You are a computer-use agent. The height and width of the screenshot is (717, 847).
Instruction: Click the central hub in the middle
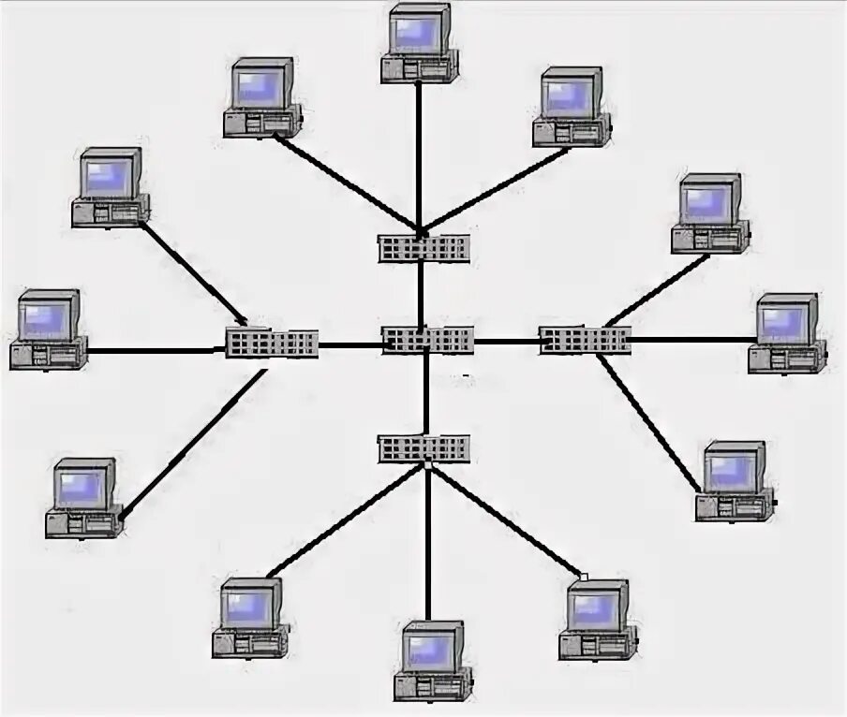coord(427,340)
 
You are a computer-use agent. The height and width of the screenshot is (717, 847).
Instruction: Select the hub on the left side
coord(272,343)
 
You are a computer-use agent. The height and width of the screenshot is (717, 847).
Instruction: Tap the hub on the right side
coord(585,340)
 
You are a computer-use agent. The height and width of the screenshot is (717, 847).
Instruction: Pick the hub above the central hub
coord(423,248)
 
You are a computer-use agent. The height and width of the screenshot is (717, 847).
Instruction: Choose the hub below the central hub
coord(423,448)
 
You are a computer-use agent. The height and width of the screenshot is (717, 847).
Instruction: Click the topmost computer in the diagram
coord(420,43)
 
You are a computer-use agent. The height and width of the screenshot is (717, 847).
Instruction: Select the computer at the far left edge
coord(49,329)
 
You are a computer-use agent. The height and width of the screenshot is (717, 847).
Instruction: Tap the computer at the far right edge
coord(787,333)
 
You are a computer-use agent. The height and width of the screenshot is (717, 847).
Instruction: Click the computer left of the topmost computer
coord(262,97)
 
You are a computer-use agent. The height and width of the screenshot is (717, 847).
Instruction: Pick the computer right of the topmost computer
coord(572,106)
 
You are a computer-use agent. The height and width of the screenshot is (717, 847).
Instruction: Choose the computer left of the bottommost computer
coord(251,617)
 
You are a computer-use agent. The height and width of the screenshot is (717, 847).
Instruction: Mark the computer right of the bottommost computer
coord(598,619)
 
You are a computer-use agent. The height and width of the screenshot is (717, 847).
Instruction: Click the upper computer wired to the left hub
coord(111,186)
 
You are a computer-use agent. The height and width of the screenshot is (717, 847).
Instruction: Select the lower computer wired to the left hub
coord(84,497)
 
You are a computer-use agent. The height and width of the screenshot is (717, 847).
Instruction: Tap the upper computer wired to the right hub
coord(710,212)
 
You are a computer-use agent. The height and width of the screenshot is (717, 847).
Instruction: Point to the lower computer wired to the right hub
coord(735,481)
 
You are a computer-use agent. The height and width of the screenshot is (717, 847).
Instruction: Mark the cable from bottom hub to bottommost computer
coord(427,543)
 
